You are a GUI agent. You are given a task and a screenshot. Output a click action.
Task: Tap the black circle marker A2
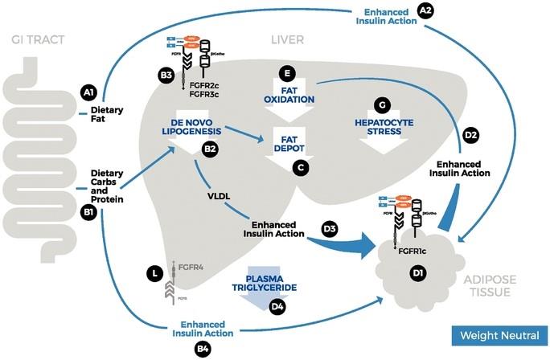[426, 10]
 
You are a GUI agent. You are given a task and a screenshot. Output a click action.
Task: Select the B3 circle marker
[166, 76]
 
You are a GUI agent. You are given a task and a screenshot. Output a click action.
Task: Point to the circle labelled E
[284, 73]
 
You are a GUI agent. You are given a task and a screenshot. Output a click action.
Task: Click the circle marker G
[383, 105]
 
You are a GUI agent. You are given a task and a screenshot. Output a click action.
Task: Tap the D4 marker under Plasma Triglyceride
[277, 305]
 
